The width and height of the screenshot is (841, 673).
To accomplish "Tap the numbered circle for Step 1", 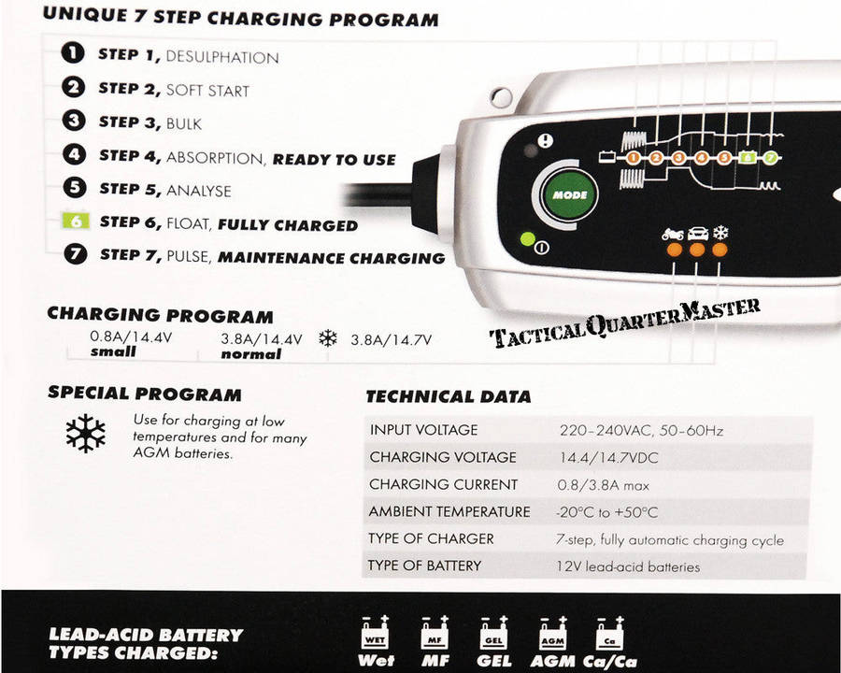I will [74, 53].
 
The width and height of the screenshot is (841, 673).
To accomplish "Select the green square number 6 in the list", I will [75, 222].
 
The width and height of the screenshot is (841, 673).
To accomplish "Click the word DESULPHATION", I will [222, 57].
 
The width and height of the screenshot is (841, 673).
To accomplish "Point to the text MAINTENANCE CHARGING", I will [331, 257].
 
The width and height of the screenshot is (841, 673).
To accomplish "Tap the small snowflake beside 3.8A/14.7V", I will [327, 338].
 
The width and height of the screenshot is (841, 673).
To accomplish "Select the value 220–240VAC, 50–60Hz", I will [640, 431].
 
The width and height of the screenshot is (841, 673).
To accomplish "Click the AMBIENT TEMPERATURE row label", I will [449, 512].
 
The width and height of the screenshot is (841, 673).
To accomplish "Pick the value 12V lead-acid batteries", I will [629, 566].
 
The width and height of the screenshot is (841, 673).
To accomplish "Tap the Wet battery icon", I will [377, 635].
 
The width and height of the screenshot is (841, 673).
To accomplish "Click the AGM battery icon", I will [552, 635].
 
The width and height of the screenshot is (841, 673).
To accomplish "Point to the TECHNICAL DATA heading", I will [448, 396].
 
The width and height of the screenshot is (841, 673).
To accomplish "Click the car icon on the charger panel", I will [696, 234].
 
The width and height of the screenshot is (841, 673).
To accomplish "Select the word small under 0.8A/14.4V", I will [113, 352].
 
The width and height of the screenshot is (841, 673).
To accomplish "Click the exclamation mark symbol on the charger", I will [546, 141].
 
